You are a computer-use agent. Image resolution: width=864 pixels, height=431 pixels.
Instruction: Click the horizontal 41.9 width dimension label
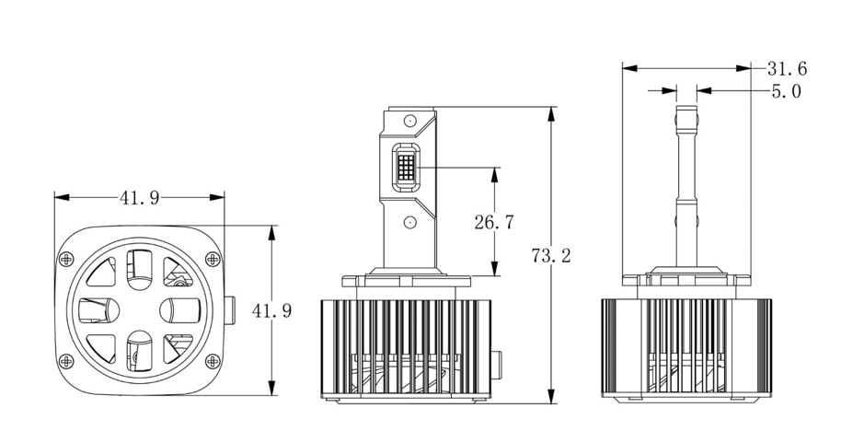tap(140, 197)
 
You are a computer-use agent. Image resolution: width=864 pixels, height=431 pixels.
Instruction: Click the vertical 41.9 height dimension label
tap(271, 310)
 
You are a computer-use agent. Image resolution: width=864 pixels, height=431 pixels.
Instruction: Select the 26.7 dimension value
tap(494, 222)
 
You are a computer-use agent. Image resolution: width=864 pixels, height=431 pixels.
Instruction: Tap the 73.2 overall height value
tap(551, 255)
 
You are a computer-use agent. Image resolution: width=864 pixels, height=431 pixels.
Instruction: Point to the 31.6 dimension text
tap(788, 69)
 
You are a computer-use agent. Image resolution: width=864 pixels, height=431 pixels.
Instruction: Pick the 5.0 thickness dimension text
tap(787, 91)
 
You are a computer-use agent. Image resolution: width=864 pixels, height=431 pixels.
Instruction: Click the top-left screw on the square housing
tap(66, 259)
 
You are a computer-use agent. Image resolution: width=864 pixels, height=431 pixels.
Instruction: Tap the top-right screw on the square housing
tap(213, 259)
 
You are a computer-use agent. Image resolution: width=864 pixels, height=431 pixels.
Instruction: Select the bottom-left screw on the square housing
tap(66, 361)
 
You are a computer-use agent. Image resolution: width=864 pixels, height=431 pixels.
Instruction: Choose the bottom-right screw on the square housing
tap(213, 361)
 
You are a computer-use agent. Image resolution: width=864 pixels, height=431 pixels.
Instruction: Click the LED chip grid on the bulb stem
tap(406, 166)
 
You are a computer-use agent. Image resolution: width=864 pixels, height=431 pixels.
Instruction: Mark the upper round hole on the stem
tap(409, 120)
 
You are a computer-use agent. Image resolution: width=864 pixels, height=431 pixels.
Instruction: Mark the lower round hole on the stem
tap(409, 222)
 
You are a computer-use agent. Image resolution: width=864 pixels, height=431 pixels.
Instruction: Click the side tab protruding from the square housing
tap(230, 310)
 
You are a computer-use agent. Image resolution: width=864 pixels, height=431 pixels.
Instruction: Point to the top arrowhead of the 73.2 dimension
tap(551, 113)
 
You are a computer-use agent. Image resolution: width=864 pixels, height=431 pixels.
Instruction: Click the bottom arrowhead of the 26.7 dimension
tap(494, 269)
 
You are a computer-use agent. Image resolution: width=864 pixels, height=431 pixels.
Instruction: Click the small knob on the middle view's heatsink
tap(496, 365)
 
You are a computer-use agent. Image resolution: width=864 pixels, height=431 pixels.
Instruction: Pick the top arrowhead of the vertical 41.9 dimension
tap(271, 232)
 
